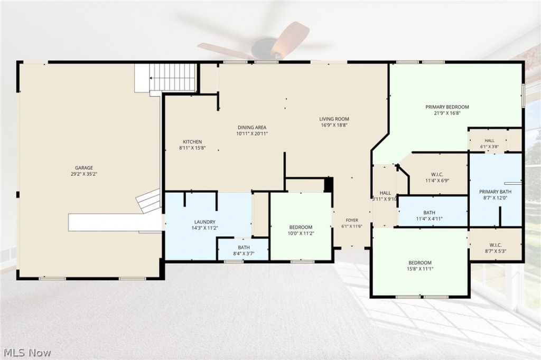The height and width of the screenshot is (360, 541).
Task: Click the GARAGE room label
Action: coord(84,168)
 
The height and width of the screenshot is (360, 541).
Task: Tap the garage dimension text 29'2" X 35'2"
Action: coord(84,174)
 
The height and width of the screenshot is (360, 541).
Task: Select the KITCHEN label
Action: coord(192,141)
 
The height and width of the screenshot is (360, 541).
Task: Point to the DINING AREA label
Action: coord(252,127)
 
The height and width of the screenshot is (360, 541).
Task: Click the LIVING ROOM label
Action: coord(334,119)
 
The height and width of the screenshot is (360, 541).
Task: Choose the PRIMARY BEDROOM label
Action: coord(447,107)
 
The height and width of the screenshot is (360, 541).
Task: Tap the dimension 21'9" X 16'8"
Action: coord(447,113)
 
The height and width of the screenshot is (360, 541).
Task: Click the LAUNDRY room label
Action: coord(205,222)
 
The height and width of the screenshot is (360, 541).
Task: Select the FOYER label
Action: coord(352,220)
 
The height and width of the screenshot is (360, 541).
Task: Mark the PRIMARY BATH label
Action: coord(496,192)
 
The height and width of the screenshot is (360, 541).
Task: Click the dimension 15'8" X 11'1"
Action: coord(420,269)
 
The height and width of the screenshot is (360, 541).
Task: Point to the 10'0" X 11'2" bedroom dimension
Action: coord(301,233)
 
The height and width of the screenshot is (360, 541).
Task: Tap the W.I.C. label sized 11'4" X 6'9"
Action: coord(437,174)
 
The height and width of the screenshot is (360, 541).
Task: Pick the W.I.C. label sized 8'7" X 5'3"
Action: coord(496,245)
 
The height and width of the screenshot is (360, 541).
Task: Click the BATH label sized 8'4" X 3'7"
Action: coord(244,247)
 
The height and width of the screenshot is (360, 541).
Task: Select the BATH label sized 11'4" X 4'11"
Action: coord(429,212)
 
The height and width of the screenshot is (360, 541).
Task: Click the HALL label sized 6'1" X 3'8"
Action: coord(489,141)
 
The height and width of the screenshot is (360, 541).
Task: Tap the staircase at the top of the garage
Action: coord(173,78)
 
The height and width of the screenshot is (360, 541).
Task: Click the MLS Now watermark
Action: coord(27,353)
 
